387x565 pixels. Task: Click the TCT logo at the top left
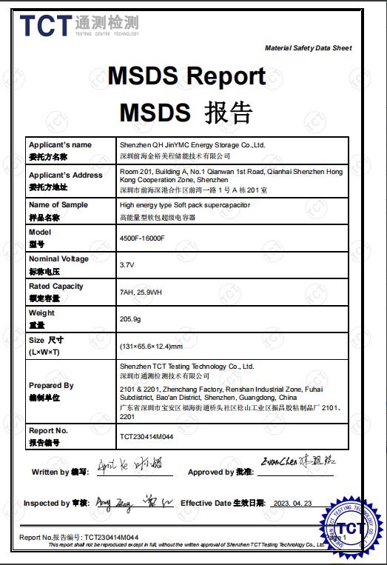[x=46, y=26]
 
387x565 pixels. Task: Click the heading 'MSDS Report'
[x=186, y=76]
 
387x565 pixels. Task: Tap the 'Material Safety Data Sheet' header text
[x=308, y=48]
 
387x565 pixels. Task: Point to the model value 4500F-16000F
[x=142, y=238]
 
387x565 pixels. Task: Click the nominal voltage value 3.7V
[x=127, y=264]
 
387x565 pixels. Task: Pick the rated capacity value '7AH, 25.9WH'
[x=141, y=292]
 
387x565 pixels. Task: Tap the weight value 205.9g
[x=130, y=318]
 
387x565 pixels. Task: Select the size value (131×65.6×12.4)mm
[x=151, y=346]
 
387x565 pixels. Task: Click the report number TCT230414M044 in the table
[x=147, y=436]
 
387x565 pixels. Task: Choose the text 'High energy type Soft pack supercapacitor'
[x=185, y=204]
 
